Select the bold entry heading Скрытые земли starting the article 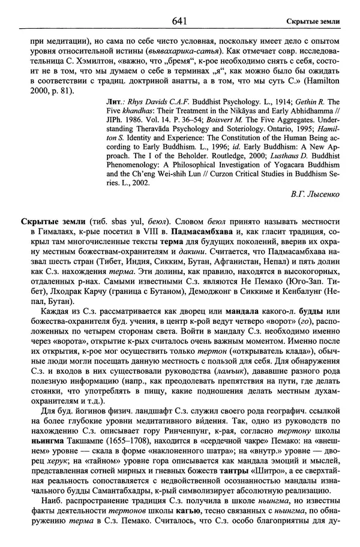click(51, 222)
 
